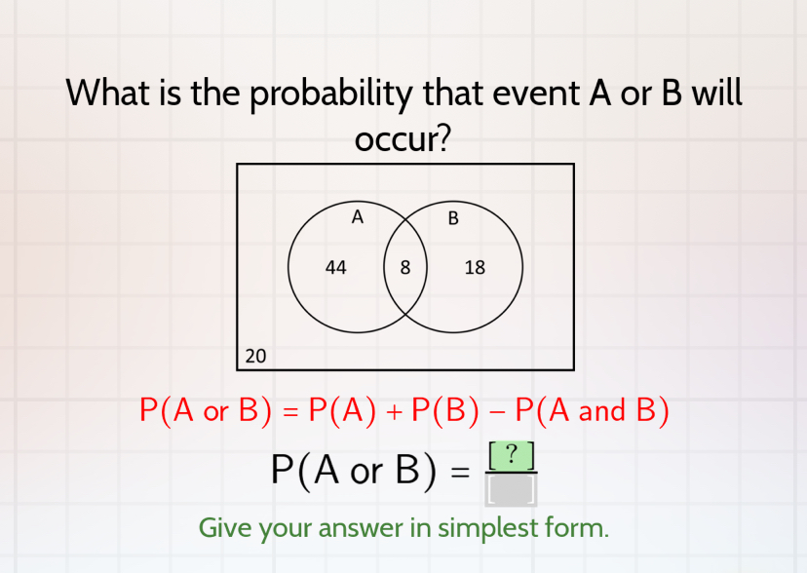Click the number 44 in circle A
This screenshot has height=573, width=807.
[x=336, y=267]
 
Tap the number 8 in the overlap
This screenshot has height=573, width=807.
[x=405, y=267]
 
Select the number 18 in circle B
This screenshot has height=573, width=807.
[x=475, y=267]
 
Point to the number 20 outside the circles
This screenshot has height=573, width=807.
[x=255, y=356]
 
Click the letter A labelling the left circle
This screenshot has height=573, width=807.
[x=358, y=217]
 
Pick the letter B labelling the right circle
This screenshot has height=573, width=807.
[x=453, y=218]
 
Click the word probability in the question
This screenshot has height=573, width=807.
[x=335, y=95]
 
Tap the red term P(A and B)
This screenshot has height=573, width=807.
[x=592, y=410]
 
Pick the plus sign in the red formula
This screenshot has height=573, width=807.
[x=394, y=411]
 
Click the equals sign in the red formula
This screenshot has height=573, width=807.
[x=289, y=411]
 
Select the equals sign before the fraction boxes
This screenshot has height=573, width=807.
[x=460, y=474]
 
